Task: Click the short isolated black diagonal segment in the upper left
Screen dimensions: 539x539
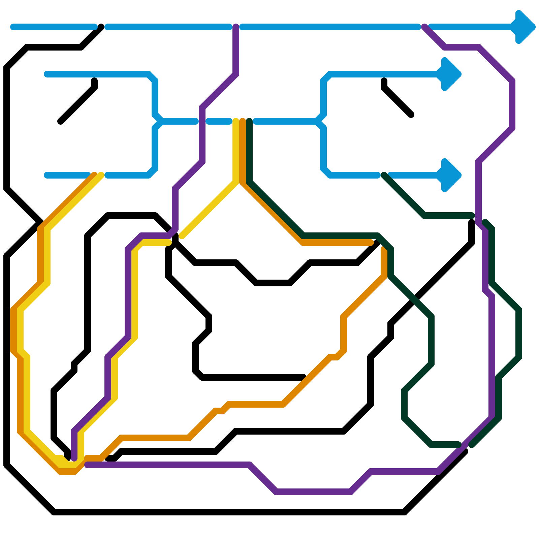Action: click(77, 101)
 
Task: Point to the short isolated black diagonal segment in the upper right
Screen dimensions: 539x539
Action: click(398, 98)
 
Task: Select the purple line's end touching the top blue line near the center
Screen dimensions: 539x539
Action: click(236, 27)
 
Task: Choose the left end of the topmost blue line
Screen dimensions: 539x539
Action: click(13, 27)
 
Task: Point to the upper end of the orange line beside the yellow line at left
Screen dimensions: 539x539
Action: click(95, 175)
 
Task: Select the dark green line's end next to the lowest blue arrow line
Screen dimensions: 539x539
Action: click(384, 175)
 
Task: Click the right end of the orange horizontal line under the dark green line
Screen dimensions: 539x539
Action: click(371, 243)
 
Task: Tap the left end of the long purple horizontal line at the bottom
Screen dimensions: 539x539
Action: click(87, 465)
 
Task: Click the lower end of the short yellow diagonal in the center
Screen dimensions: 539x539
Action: click(182, 236)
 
